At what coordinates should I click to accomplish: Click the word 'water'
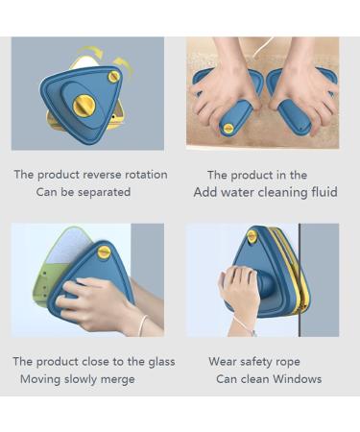[x=242, y=192]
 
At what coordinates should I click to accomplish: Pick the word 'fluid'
[x=322, y=192]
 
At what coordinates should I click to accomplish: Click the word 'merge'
[x=115, y=379]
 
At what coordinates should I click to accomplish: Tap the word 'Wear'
[x=223, y=361]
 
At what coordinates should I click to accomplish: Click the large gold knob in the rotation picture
[x=84, y=105]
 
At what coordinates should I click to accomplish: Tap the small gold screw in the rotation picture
[x=114, y=77]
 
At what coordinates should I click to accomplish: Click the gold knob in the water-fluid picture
[x=228, y=127]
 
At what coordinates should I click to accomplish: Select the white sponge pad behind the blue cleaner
[x=58, y=245]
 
